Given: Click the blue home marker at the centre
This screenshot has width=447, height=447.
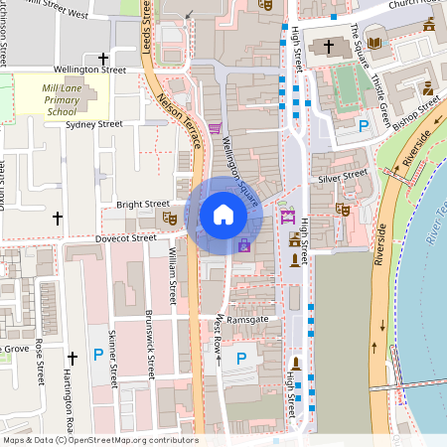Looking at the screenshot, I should (223, 214).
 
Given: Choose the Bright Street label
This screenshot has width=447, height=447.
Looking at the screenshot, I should (143, 204).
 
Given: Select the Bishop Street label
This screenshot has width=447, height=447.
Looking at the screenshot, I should (415, 112).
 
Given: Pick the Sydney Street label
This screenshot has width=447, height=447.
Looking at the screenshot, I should (93, 124).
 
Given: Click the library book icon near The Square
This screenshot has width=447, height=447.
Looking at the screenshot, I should (374, 43).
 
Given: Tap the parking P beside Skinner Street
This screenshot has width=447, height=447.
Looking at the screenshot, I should (97, 355).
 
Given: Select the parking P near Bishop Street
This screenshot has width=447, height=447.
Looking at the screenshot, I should (364, 126).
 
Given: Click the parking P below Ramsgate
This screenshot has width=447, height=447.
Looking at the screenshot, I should (240, 358).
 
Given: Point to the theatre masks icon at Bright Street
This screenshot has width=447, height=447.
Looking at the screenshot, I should (169, 216).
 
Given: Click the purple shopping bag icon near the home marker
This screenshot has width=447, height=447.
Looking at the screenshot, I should (244, 244).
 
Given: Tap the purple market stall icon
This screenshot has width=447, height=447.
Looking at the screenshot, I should (288, 218).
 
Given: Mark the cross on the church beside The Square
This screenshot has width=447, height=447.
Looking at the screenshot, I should (328, 47).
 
